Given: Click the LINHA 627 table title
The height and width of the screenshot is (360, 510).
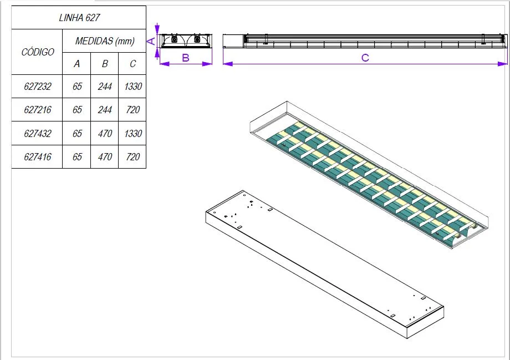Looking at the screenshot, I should pos(79,18).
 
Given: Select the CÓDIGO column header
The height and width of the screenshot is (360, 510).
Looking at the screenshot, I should pos(38,52).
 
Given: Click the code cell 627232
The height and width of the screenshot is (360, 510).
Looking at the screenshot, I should pos(38,87).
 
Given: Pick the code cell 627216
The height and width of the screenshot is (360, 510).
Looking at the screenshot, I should pos(38,110).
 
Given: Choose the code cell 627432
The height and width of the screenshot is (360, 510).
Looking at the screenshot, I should pos(38,134).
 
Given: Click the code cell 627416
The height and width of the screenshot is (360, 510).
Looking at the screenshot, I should pos(38,157).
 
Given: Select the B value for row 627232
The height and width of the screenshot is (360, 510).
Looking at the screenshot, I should pos(105,87).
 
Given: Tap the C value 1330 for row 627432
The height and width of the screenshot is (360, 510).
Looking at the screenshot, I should pos(133,134).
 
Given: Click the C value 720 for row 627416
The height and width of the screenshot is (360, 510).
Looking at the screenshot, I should pos(133,157).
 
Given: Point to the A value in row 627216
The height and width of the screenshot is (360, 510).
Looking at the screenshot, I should pos(77,110).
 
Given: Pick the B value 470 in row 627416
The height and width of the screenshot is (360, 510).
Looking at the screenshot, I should pos(105,157).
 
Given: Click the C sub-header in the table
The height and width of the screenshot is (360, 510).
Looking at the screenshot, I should pos(133,64).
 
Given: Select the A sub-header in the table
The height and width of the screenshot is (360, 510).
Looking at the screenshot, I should pos(77,64).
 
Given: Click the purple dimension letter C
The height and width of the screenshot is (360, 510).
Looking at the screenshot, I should pos(365,58).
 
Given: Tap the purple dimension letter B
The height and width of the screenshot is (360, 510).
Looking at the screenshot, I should pos(186,58).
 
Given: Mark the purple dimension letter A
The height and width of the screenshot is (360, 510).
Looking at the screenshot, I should pos(150,40).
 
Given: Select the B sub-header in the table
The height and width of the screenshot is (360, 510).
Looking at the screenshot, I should pos(105,64).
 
